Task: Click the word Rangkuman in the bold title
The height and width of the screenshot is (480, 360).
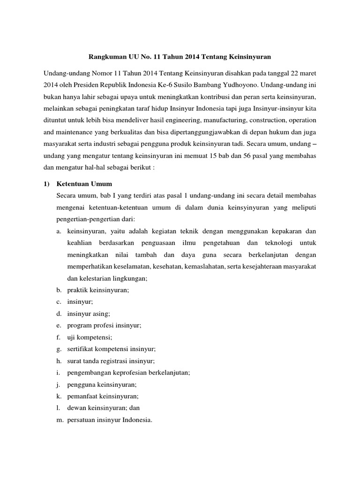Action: click(106, 57)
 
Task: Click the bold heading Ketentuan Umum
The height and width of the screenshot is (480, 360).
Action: click(84, 183)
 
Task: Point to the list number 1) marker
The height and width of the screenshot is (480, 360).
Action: click(47, 183)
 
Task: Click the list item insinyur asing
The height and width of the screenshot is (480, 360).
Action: click(89, 314)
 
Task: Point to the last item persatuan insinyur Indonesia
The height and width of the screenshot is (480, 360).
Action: click(110, 420)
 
